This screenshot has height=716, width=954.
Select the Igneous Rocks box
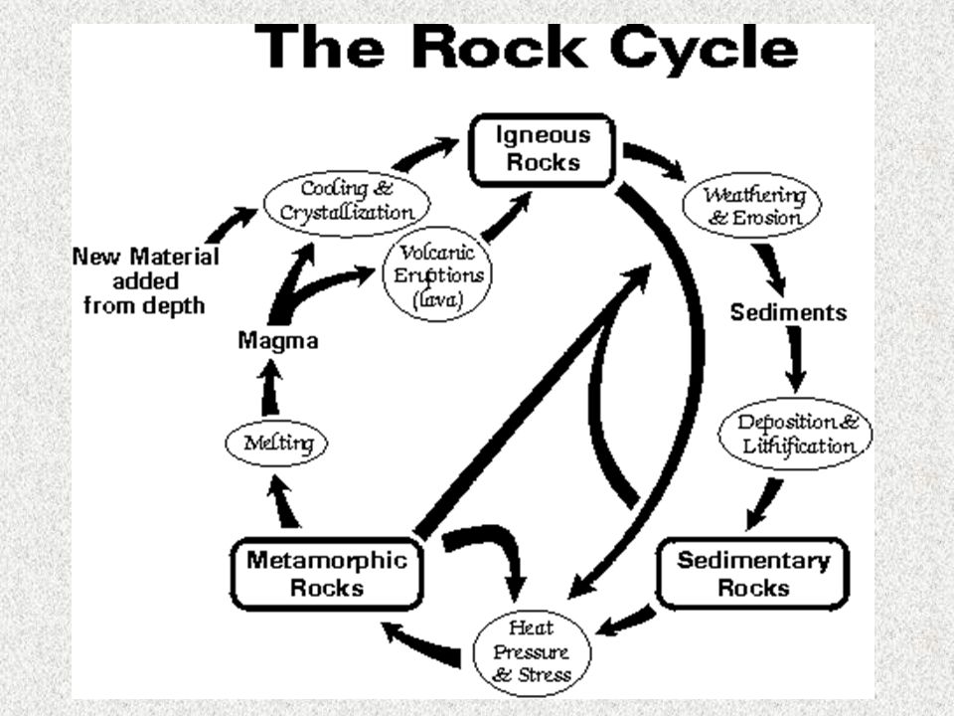tap(546, 149)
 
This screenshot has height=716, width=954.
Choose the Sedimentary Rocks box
tap(753, 573)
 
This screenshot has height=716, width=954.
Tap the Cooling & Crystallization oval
tap(346, 201)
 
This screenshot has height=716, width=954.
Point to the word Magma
tap(278, 340)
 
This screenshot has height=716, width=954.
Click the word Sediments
tap(788, 312)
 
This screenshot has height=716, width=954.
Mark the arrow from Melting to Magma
tap(269, 391)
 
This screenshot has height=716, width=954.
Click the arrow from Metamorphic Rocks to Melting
tap(285, 501)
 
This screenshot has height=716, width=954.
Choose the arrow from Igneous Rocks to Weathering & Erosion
tap(655, 160)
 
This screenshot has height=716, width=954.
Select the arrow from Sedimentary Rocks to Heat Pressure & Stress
tap(626, 622)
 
